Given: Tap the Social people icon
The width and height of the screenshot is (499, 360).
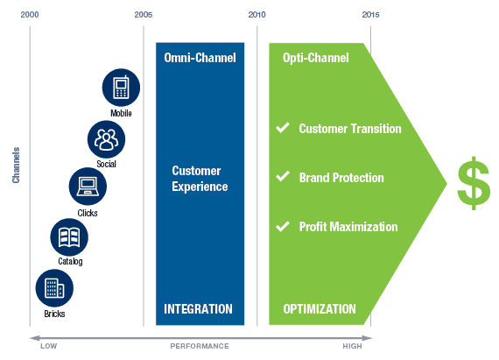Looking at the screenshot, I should click(106, 138).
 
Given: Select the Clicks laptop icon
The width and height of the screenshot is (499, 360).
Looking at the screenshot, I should click(88, 186).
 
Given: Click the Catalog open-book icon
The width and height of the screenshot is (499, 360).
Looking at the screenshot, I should click(69, 236).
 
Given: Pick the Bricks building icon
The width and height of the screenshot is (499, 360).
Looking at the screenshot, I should click(54, 287).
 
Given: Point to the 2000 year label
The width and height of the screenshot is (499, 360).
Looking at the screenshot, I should click(30, 15).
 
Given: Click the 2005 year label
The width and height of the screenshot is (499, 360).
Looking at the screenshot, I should click(143, 15).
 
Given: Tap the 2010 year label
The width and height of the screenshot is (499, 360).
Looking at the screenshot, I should click(257, 15).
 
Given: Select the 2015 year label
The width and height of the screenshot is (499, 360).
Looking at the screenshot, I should click(370, 15).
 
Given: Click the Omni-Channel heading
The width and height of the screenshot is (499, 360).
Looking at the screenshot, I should click(200, 58).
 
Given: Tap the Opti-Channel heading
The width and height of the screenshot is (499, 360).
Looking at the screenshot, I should click(315, 58).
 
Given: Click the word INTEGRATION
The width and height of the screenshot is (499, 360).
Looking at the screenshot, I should click(198, 309).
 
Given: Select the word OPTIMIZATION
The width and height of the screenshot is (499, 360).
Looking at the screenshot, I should click(320, 309).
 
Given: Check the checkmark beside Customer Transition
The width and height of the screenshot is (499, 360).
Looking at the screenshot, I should click(282, 128).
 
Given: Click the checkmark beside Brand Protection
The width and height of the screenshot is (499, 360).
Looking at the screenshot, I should click(282, 177).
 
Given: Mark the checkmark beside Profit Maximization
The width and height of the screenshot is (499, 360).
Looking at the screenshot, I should click(282, 226).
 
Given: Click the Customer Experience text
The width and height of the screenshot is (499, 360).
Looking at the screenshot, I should click(200, 179).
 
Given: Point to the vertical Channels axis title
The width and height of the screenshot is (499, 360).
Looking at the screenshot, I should click(16, 165).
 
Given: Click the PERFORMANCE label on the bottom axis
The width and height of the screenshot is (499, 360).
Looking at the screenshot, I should click(200, 346).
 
